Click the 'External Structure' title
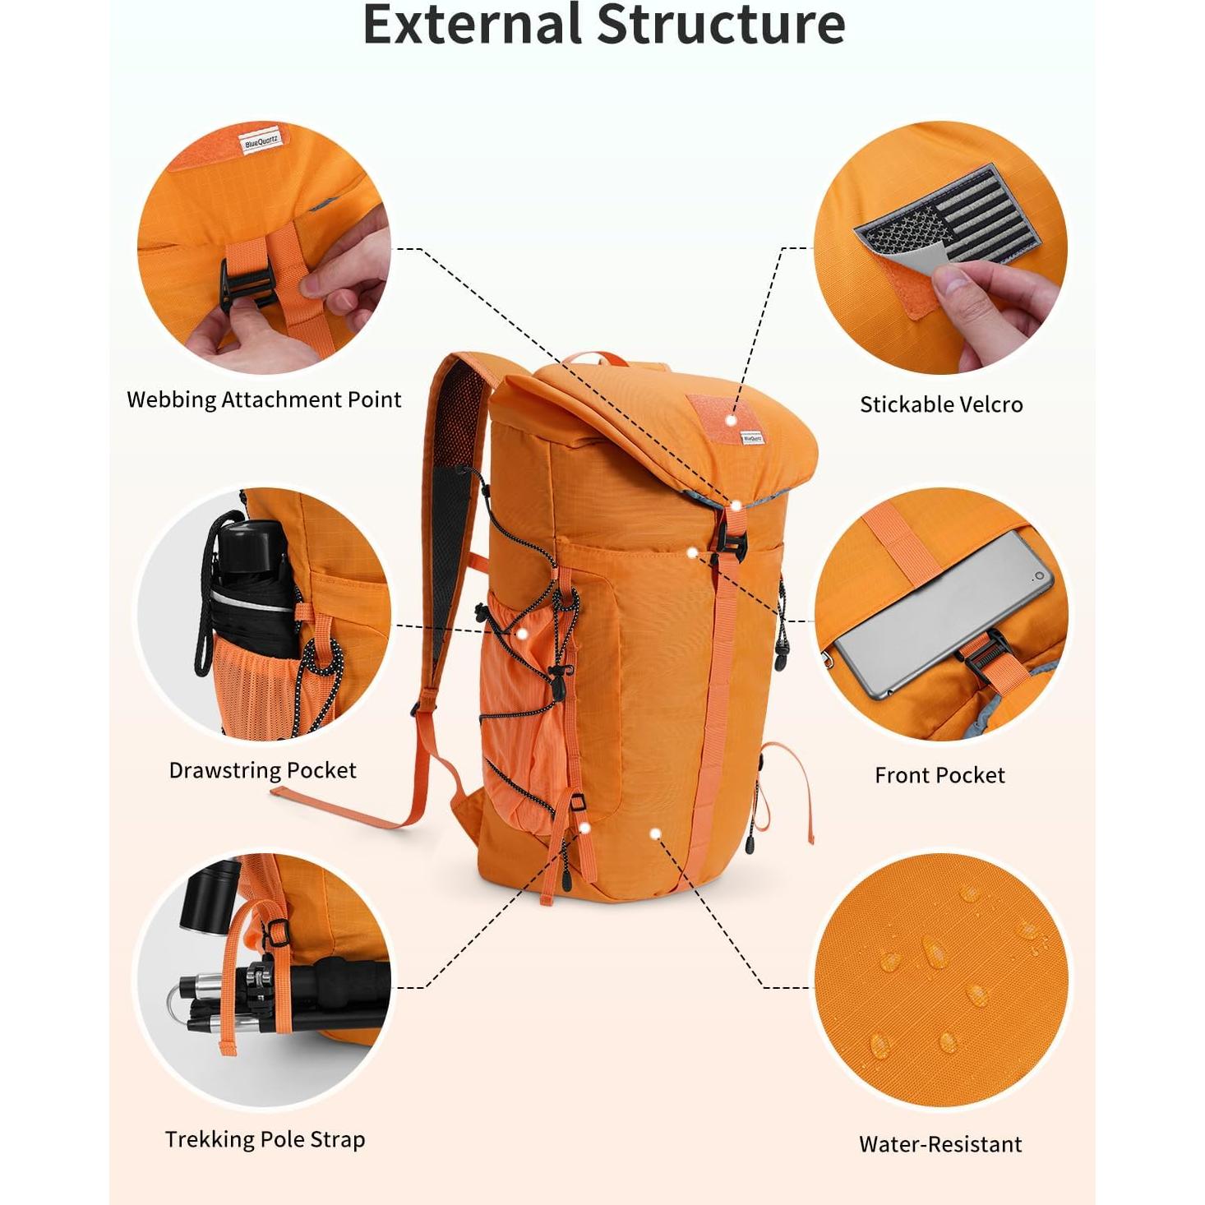point(603,25)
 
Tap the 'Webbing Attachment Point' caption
point(264,400)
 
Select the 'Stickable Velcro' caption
point(941,404)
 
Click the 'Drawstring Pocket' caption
point(262,770)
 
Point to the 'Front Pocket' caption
point(940,775)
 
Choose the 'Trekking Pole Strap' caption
point(265,1139)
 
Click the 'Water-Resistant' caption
point(940,1144)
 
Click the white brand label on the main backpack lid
point(752,438)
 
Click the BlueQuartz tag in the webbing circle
point(261,142)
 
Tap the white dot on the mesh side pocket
point(521,633)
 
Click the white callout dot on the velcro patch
point(731,420)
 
